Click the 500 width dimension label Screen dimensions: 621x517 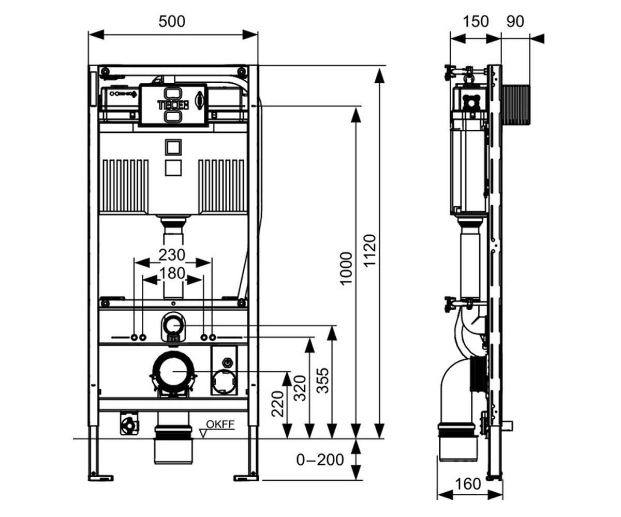(x=172, y=22)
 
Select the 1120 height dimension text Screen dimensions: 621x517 (x=371, y=251)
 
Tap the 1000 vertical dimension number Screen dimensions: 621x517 (x=347, y=269)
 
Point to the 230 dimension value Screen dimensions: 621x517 (x=172, y=255)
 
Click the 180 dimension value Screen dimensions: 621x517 (x=172, y=273)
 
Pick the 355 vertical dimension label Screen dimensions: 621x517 (x=323, y=381)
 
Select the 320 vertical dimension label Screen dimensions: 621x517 (x=300, y=388)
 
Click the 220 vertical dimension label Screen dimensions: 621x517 (x=277, y=404)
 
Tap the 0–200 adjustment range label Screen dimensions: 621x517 (x=320, y=460)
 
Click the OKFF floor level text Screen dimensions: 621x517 (x=220, y=424)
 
